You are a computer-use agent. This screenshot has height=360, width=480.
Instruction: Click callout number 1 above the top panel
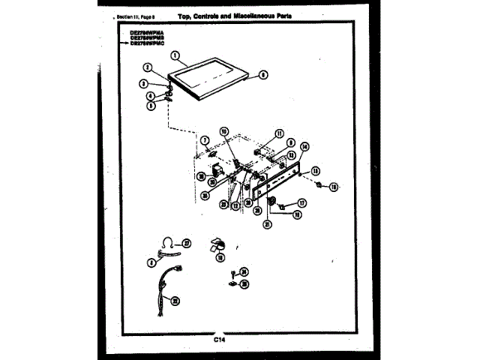(x=174, y=55)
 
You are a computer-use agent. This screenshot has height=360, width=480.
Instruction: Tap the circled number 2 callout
(x=148, y=67)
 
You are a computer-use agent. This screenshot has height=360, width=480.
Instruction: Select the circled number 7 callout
(x=203, y=140)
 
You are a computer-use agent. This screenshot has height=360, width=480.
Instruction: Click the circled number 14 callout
(x=304, y=147)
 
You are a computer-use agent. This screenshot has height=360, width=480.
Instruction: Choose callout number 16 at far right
(x=334, y=187)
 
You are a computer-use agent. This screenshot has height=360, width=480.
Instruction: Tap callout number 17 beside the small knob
(x=302, y=202)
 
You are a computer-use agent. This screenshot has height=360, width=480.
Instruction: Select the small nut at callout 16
(x=318, y=184)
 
